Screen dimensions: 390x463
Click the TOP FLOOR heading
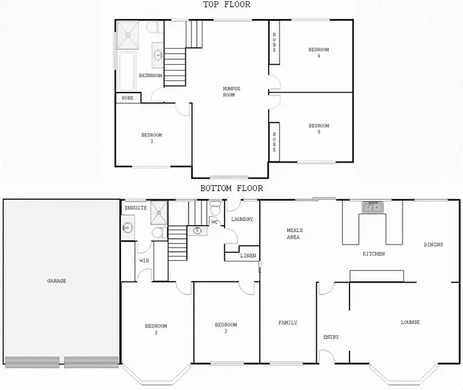[x=227, y=5]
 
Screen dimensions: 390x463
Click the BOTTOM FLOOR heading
[x=231, y=188]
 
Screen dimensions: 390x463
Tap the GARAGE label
[x=56, y=281]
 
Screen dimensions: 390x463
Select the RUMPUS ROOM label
[x=231, y=91]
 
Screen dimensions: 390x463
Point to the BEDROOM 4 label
[x=319, y=52]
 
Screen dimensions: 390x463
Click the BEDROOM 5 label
[x=319, y=129]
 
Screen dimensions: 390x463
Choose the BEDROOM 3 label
[x=151, y=138]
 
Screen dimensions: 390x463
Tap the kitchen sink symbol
[x=372, y=207]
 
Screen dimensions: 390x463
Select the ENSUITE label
[x=135, y=208]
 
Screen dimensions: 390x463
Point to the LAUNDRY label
[x=242, y=219]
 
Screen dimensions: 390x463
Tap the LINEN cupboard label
[x=249, y=255]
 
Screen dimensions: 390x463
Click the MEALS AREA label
[x=294, y=233]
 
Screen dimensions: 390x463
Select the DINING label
[x=433, y=244]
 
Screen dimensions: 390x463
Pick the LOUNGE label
[x=410, y=322]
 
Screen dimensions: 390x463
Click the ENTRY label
[x=331, y=337]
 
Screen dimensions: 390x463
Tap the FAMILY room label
[x=288, y=322]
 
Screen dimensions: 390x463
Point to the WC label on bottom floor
[x=214, y=222]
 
